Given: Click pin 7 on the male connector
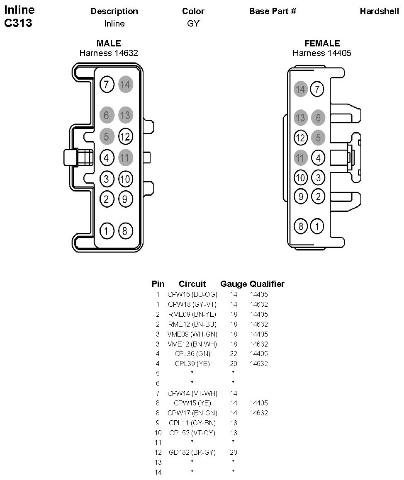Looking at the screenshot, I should (107, 85).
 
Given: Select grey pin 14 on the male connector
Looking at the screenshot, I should (125, 85).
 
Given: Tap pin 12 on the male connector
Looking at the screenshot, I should (125, 136).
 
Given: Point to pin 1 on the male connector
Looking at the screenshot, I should (107, 230).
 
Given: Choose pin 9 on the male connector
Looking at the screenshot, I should (125, 199).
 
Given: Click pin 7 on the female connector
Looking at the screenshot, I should (318, 89).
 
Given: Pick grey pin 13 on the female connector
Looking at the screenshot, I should (300, 118).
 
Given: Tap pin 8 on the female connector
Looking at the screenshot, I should (300, 226).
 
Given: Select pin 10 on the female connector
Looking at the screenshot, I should (300, 178).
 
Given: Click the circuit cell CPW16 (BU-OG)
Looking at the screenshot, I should (192, 295).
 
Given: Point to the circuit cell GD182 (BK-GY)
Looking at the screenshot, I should (192, 452).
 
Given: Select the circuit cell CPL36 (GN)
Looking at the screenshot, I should (192, 354).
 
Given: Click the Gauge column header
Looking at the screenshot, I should (234, 284).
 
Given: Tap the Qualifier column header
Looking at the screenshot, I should (267, 284).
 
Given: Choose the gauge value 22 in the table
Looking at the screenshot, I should (234, 354).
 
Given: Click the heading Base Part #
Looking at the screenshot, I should (273, 11).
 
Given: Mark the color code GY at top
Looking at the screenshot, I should (193, 24).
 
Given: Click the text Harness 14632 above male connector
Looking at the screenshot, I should (109, 53).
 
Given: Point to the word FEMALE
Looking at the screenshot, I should (322, 44).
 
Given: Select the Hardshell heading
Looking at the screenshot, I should (380, 11).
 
